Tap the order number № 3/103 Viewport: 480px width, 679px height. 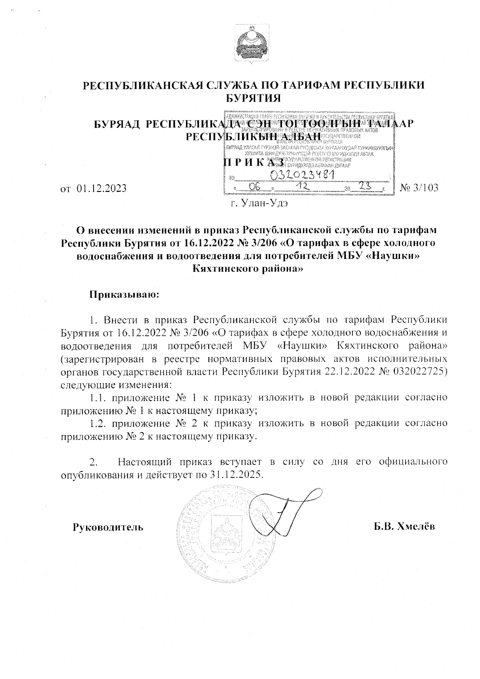[x=419, y=187]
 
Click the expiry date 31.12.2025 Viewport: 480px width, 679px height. [x=237, y=475]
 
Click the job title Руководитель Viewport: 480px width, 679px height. [x=108, y=527]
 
